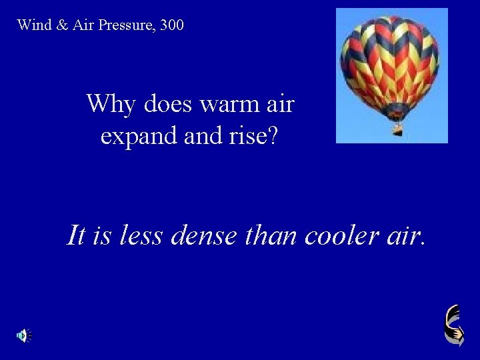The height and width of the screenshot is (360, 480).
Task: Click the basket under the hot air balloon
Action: pos(397,129)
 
